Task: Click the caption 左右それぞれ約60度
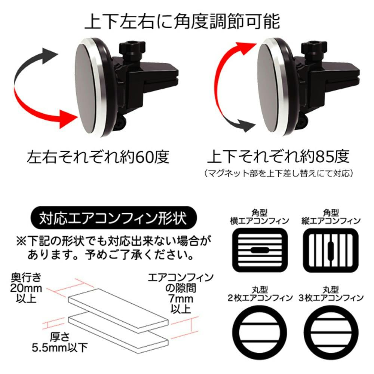98,157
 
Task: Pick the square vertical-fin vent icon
330,250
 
